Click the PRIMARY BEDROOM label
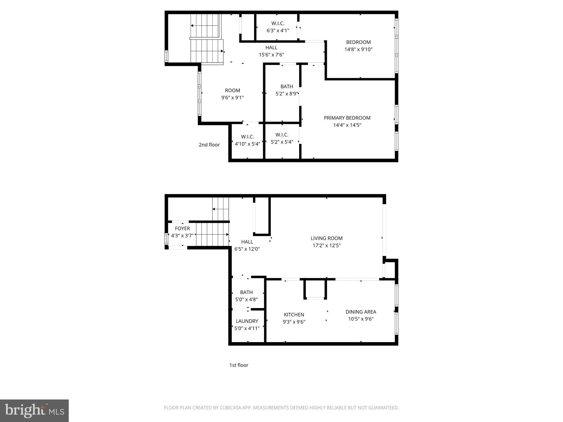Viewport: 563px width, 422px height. pyautogui.click(x=347, y=118)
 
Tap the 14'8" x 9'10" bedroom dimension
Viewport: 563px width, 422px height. pyautogui.click(x=358, y=49)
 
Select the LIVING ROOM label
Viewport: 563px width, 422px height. pyautogui.click(x=326, y=238)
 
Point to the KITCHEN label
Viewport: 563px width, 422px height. pyautogui.click(x=294, y=315)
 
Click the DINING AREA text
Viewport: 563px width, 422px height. pyautogui.click(x=361, y=312)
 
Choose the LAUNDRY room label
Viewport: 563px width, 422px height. pyautogui.click(x=247, y=321)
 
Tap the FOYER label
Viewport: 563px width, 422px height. pyautogui.click(x=182, y=228)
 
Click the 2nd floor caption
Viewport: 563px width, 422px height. pyautogui.click(x=209, y=145)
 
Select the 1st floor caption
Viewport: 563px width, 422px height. pyautogui.click(x=239, y=365)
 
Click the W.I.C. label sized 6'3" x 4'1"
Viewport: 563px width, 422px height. pyautogui.click(x=278, y=23)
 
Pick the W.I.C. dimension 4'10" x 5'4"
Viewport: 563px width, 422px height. pyautogui.click(x=247, y=144)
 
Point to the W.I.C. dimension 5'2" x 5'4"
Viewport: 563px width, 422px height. pyautogui.click(x=282, y=142)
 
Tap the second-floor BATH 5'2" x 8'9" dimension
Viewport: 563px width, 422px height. pyautogui.click(x=286, y=93)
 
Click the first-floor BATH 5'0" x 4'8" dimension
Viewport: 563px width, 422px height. pyautogui.click(x=246, y=299)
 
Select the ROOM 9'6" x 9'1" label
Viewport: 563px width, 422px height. pyautogui.click(x=232, y=90)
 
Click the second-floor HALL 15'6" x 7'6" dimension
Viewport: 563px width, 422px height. pyautogui.click(x=271, y=55)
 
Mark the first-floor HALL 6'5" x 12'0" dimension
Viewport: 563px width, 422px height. pyautogui.click(x=247, y=249)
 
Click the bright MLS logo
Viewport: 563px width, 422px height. pyautogui.click(x=34, y=411)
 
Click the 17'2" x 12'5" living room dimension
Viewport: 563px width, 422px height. pyautogui.click(x=326, y=245)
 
